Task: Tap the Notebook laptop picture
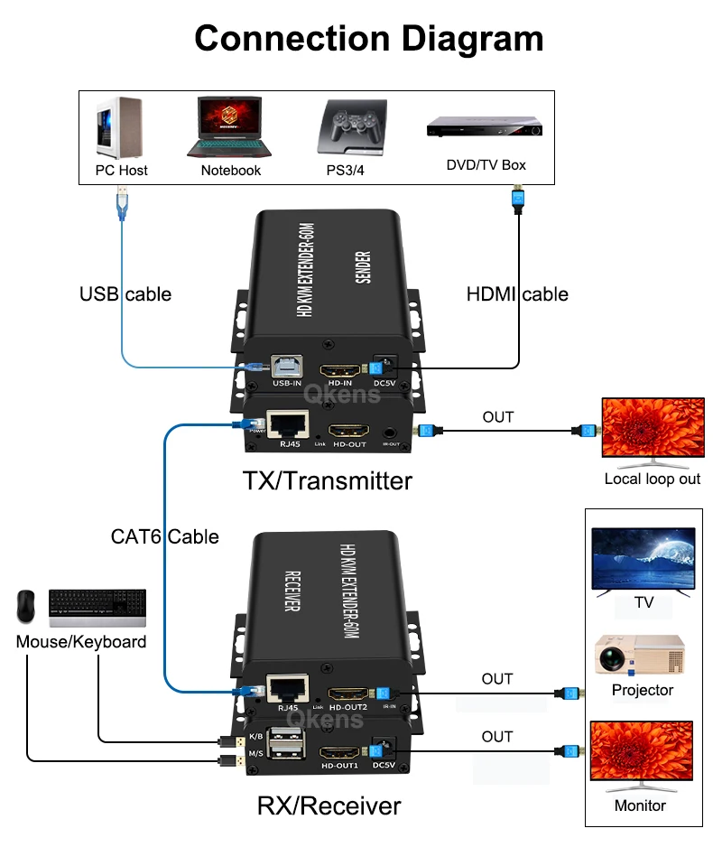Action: point(230,127)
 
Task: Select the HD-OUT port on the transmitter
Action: point(348,432)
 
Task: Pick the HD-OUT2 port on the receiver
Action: point(348,693)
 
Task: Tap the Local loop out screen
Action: point(652,428)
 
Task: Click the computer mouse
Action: point(27,607)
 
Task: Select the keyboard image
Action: point(97,608)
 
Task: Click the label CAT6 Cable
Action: point(164,536)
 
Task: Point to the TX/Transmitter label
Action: point(327,480)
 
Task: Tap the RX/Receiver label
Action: point(329,805)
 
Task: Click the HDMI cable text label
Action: point(517,293)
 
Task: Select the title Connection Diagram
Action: point(369,39)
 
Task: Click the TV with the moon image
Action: point(643,560)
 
